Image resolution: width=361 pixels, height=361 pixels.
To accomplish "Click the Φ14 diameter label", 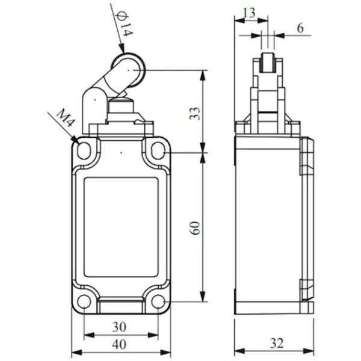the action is [x=125, y=23].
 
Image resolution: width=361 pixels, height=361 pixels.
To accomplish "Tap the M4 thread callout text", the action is [x=66, y=118].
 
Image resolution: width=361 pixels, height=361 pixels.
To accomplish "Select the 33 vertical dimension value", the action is [x=195, y=114].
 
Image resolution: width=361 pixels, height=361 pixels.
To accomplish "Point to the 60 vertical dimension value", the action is [x=195, y=228].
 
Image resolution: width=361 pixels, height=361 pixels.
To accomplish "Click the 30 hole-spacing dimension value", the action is [x=119, y=327].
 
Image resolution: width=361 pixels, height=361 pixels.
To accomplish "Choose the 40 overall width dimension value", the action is [x=119, y=345].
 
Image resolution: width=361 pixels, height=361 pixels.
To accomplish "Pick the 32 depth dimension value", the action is [x=277, y=344].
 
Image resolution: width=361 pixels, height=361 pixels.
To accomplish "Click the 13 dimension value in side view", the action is [x=249, y=13].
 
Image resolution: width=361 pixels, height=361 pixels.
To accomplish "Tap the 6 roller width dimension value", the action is [x=300, y=28].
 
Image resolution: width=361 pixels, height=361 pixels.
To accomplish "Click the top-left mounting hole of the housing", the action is [x=84, y=151].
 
